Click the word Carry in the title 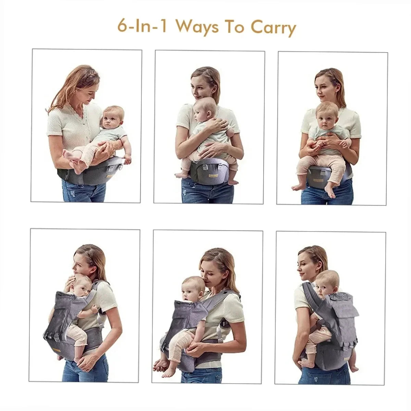click(x=273, y=27)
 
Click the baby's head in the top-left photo click(x=114, y=116)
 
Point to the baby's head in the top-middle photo click(x=205, y=108)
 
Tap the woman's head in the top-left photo click(x=82, y=86)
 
